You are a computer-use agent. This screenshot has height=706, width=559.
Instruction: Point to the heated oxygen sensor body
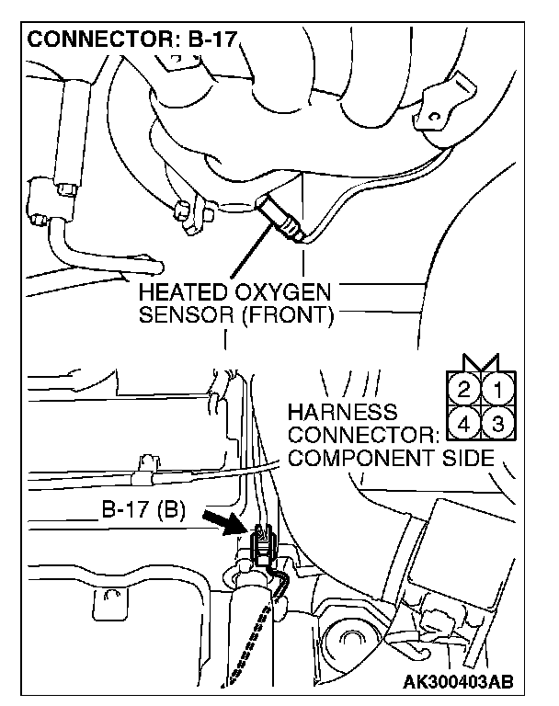(x=280, y=217)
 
